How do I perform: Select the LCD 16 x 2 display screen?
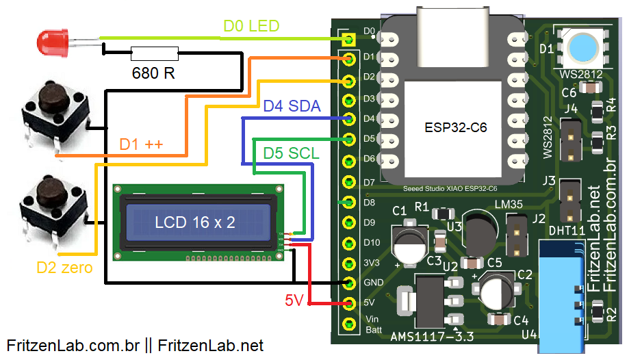[x=194, y=222]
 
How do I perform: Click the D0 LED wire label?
[x=251, y=27]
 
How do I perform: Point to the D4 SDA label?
[x=292, y=105]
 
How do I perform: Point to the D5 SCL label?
[x=292, y=153]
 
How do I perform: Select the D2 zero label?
[x=64, y=268]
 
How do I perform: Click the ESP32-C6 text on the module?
[x=455, y=127]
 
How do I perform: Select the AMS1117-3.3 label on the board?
[x=431, y=337]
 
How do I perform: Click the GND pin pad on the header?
[x=350, y=283]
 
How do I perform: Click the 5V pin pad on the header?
[x=350, y=303]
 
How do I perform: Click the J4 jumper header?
[x=570, y=140]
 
